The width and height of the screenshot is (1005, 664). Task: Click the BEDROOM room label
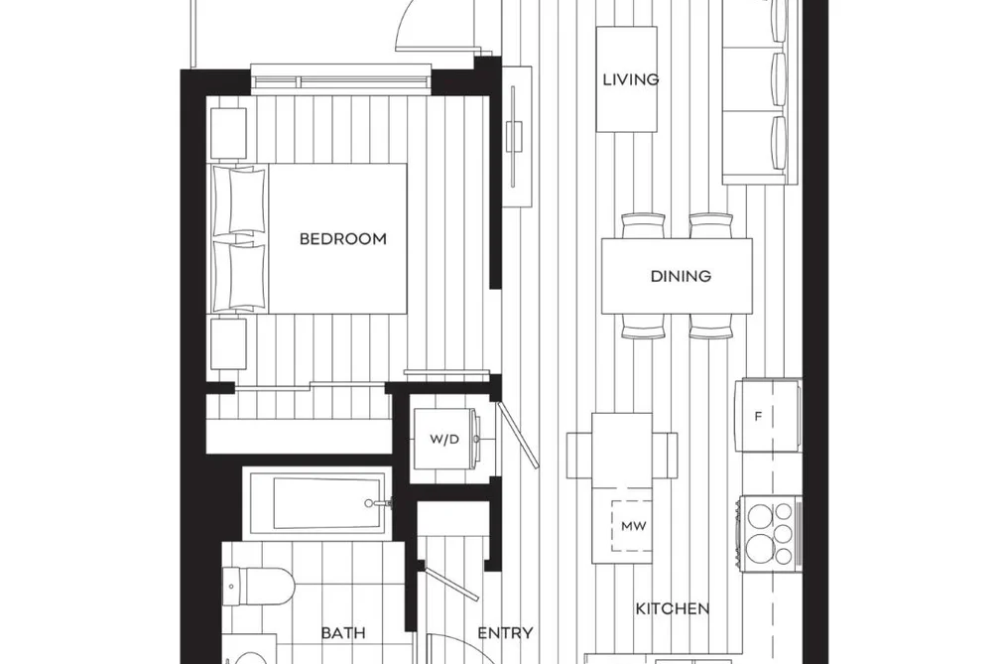pyautogui.click(x=343, y=239)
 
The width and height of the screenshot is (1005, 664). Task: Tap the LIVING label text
pyautogui.click(x=631, y=79)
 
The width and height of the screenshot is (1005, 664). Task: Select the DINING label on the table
pyautogui.click(x=681, y=276)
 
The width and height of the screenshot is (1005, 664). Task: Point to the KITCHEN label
pyautogui.click(x=673, y=608)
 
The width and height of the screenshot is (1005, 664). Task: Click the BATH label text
pyautogui.click(x=343, y=633)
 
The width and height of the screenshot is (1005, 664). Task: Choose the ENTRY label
pyautogui.click(x=505, y=633)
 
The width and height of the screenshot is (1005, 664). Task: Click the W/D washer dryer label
pyautogui.click(x=444, y=439)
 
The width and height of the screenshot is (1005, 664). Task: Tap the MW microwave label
pyautogui.click(x=634, y=526)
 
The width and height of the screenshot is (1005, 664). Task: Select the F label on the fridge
pyautogui.click(x=758, y=417)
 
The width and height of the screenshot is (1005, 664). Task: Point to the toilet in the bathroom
pyautogui.click(x=258, y=586)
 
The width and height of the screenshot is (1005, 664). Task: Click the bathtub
pyautogui.click(x=317, y=503)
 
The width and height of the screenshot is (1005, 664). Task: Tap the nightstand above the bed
pyautogui.click(x=229, y=133)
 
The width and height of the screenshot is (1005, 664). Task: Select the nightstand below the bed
pyautogui.click(x=229, y=344)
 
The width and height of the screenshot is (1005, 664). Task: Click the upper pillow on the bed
pyautogui.click(x=238, y=200)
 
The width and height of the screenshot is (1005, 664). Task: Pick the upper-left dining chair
pyautogui.click(x=643, y=226)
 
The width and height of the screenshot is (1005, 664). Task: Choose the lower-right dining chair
pyautogui.click(x=711, y=326)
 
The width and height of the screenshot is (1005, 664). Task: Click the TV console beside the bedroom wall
pyautogui.click(x=517, y=137)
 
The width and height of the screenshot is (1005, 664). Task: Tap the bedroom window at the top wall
pyautogui.click(x=340, y=78)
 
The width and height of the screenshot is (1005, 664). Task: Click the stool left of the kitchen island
pyautogui.click(x=579, y=455)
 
